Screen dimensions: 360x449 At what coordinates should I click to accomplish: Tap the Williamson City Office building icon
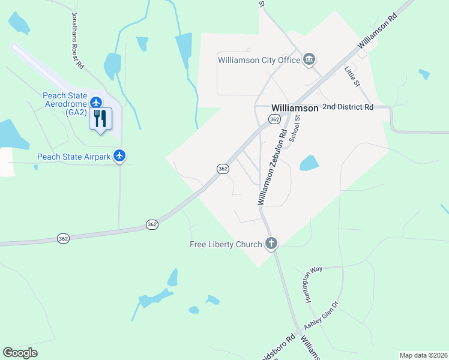pyautogui.click(x=310, y=59)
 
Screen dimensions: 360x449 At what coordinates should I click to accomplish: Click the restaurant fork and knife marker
pyautogui.click(x=100, y=118)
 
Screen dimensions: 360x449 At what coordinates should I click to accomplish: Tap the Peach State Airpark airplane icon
pyautogui.click(x=120, y=157)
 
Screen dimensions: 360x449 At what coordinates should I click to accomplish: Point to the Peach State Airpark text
pyautogui.click(x=74, y=157)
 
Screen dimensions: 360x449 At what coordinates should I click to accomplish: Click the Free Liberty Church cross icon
pyautogui.click(x=271, y=244)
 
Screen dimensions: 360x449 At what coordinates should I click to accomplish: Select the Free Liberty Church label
pyautogui.click(x=226, y=244)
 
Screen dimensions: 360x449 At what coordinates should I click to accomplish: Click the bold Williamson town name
pyautogui.click(x=294, y=108)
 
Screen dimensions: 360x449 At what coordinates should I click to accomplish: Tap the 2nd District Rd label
pyautogui.click(x=348, y=107)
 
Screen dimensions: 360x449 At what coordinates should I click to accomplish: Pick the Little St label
pyautogui.click(x=351, y=77)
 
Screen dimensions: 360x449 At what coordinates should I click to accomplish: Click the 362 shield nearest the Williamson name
pyautogui.click(x=274, y=120)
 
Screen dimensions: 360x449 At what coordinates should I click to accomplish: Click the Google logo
pyautogui.click(x=20, y=353)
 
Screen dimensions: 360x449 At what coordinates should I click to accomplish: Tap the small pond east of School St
pyautogui.click(x=309, y=163)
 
